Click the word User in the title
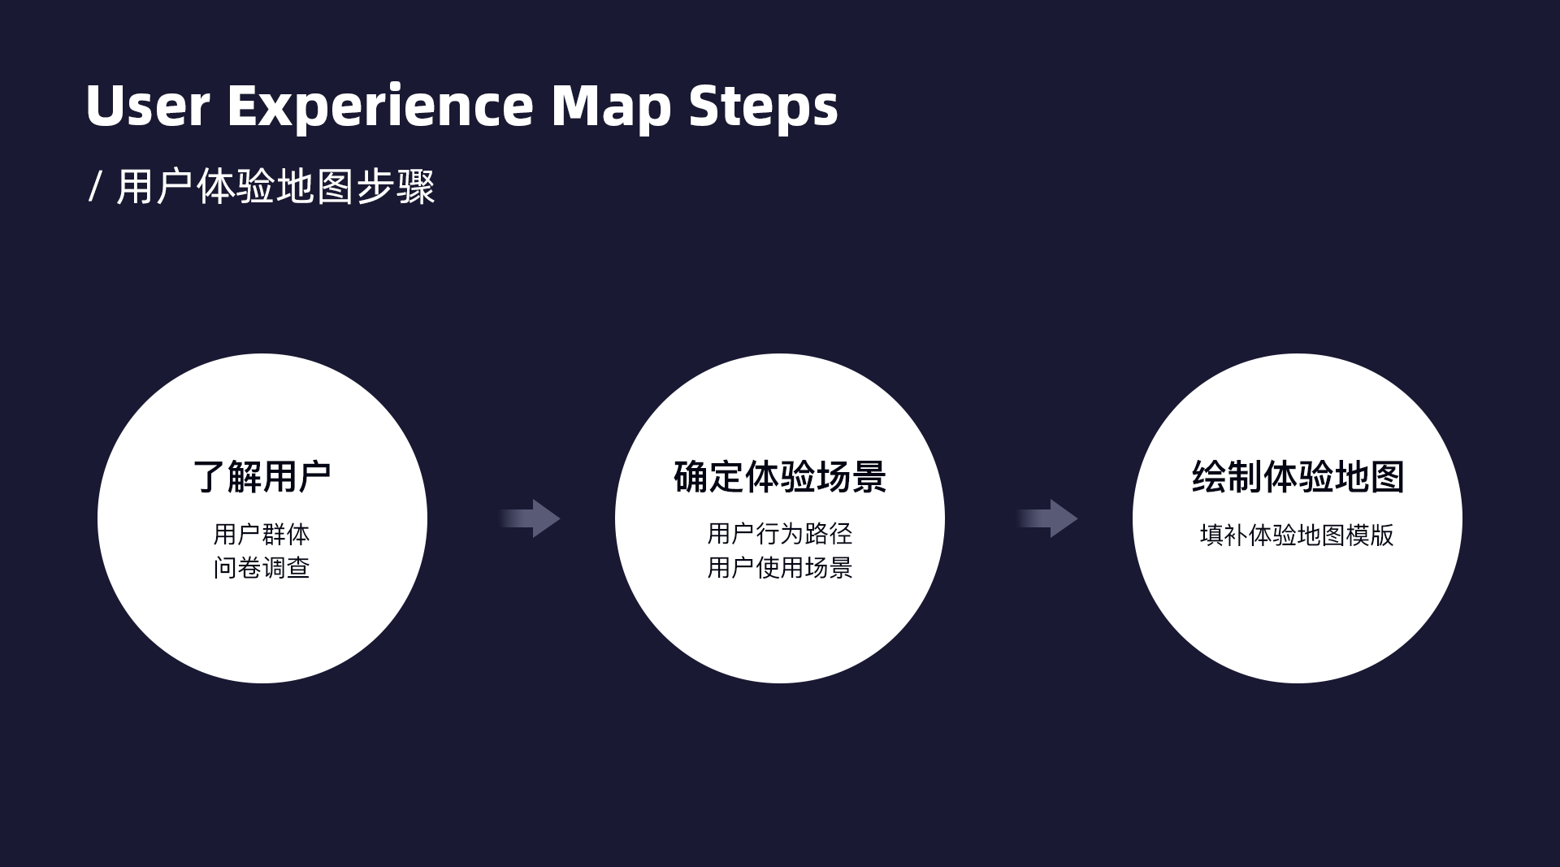coord(147,106)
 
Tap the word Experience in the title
coord(380,106)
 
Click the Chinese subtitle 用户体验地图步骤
coord(275,187)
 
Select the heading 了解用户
coord(262,477)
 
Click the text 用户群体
coord(262,535)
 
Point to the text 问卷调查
coord(262,567)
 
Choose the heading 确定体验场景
coord(779,477)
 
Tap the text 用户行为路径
coord(779,534)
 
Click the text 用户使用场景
coord(779,567)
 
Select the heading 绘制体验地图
coord(1298,477)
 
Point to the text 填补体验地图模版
coord(1297,535)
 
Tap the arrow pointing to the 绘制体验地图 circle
coord(1049,518)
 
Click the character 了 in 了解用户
coord(209,477)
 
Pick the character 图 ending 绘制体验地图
coord(1387,477)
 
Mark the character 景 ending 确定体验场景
coord(869,477)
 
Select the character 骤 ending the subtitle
coord(416,187)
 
